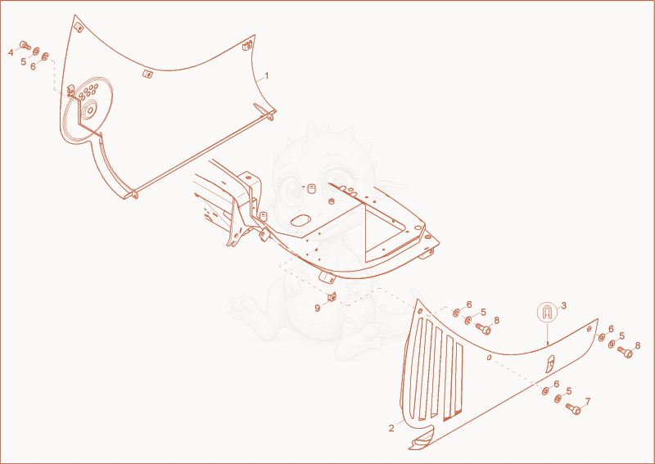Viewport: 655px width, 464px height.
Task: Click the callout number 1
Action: click(267, 76)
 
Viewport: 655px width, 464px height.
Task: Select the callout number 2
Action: click(391, 429)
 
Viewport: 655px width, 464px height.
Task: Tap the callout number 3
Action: click(563, 306)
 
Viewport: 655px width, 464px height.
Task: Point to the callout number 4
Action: click(11, 52)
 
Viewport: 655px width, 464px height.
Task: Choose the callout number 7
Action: click(587, 401)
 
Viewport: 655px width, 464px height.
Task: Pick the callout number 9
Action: click(318, 309)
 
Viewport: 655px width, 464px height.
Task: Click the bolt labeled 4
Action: click(25, 45)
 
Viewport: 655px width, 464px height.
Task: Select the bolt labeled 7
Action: click(573, 409)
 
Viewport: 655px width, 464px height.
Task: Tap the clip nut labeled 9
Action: click(332, 297)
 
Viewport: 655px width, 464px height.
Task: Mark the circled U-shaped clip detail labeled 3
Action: click(547, 312)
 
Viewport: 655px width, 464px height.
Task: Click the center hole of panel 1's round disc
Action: click(89, 110)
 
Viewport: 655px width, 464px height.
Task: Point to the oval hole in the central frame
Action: click(300, 220)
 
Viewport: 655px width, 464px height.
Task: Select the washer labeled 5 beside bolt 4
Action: click(36, 51)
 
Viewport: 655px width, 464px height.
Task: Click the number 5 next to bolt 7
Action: click(568, 391)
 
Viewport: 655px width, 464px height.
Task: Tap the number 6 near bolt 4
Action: click(33, 66)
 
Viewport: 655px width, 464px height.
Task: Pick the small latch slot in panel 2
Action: click(550, 364)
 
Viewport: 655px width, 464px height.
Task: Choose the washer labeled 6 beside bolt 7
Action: click(544, 391)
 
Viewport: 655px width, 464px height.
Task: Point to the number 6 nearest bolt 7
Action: click(556, 384)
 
